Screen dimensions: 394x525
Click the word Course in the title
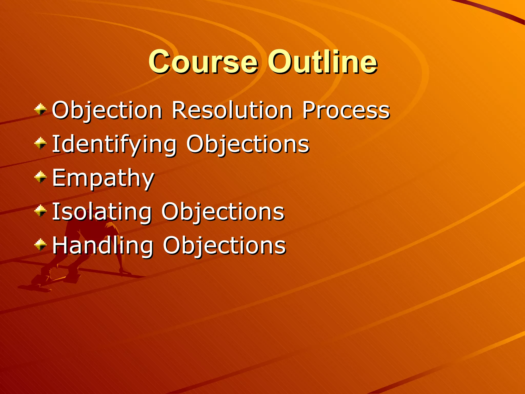tap(203, 62)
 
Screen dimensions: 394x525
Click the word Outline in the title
tap(322, 62)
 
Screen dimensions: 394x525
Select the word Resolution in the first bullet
tap(232, 110)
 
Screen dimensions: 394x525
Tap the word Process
tap(346, 110)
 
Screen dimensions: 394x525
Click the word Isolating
tap(102, 212)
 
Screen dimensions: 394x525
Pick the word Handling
tap(103, 245)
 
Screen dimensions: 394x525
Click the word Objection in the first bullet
tap(107, 111)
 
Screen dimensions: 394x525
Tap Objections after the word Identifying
tap(248, 144)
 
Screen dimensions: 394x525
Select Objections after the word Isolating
tap(223, 212)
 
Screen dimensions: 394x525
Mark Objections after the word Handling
tap(224, 245)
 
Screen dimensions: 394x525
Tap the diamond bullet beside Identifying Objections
tap(41, 143)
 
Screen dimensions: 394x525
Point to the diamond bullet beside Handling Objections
tap(41, 244)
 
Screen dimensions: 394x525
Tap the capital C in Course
tap(161, 62)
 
